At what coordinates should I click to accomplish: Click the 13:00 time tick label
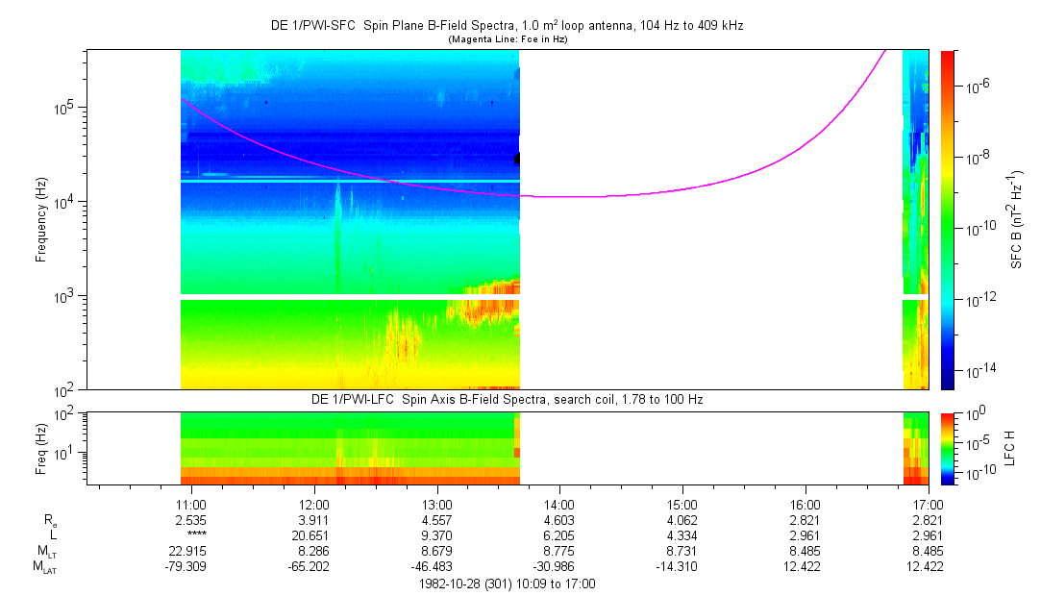coord(437,504)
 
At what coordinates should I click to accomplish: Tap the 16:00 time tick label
coord(806,504)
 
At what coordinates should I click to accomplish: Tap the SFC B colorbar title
coord(1016,219)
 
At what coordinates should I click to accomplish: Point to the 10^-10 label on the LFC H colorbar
coord(978,474)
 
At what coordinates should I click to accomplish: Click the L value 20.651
coord(314,534)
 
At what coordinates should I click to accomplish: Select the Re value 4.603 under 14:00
coord(559,519)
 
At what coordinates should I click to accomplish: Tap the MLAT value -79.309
coord(191,565)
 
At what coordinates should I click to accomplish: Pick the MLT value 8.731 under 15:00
coord(682,550)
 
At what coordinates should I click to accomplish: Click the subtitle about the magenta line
coord(508,38)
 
